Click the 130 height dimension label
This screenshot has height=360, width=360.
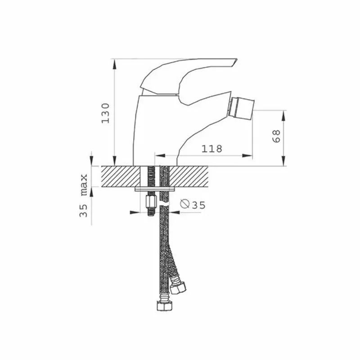click(x=105, y=113)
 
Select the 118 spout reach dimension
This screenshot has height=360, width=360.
click(x=211, y=149)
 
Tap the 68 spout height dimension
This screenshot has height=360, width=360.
click(x=276, y=136)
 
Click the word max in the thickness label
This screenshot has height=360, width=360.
click(x=84, y=185)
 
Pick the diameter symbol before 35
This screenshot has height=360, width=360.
click(x=184, y=204)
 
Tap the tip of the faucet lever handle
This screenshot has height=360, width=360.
click(x=237, y=60)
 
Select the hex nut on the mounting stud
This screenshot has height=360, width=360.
click(x=151, y=201)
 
